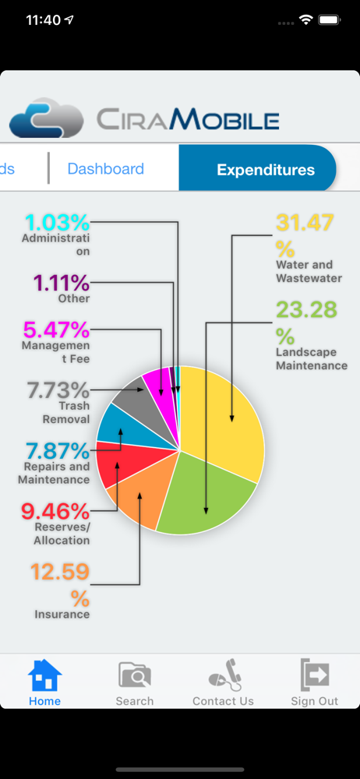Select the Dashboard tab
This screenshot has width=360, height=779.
coord(105,169)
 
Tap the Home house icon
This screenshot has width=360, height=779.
coord(44,675)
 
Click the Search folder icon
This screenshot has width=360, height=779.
coord(134,675)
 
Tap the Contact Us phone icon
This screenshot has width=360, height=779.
coord(224,675)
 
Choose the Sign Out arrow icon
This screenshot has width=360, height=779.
coord(315,675)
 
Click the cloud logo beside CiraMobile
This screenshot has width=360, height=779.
coord(46,118)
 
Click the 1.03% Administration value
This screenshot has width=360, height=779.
coord(57,222)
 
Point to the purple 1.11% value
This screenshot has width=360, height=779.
coord(62,284)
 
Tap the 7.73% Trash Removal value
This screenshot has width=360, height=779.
coord(58,390)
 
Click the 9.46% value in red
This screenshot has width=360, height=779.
coord(55,511)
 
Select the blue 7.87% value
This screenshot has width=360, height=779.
coord(58,451)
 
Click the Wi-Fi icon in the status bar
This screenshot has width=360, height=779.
coord(305,20)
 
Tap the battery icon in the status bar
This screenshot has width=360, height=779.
coord(329,20)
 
